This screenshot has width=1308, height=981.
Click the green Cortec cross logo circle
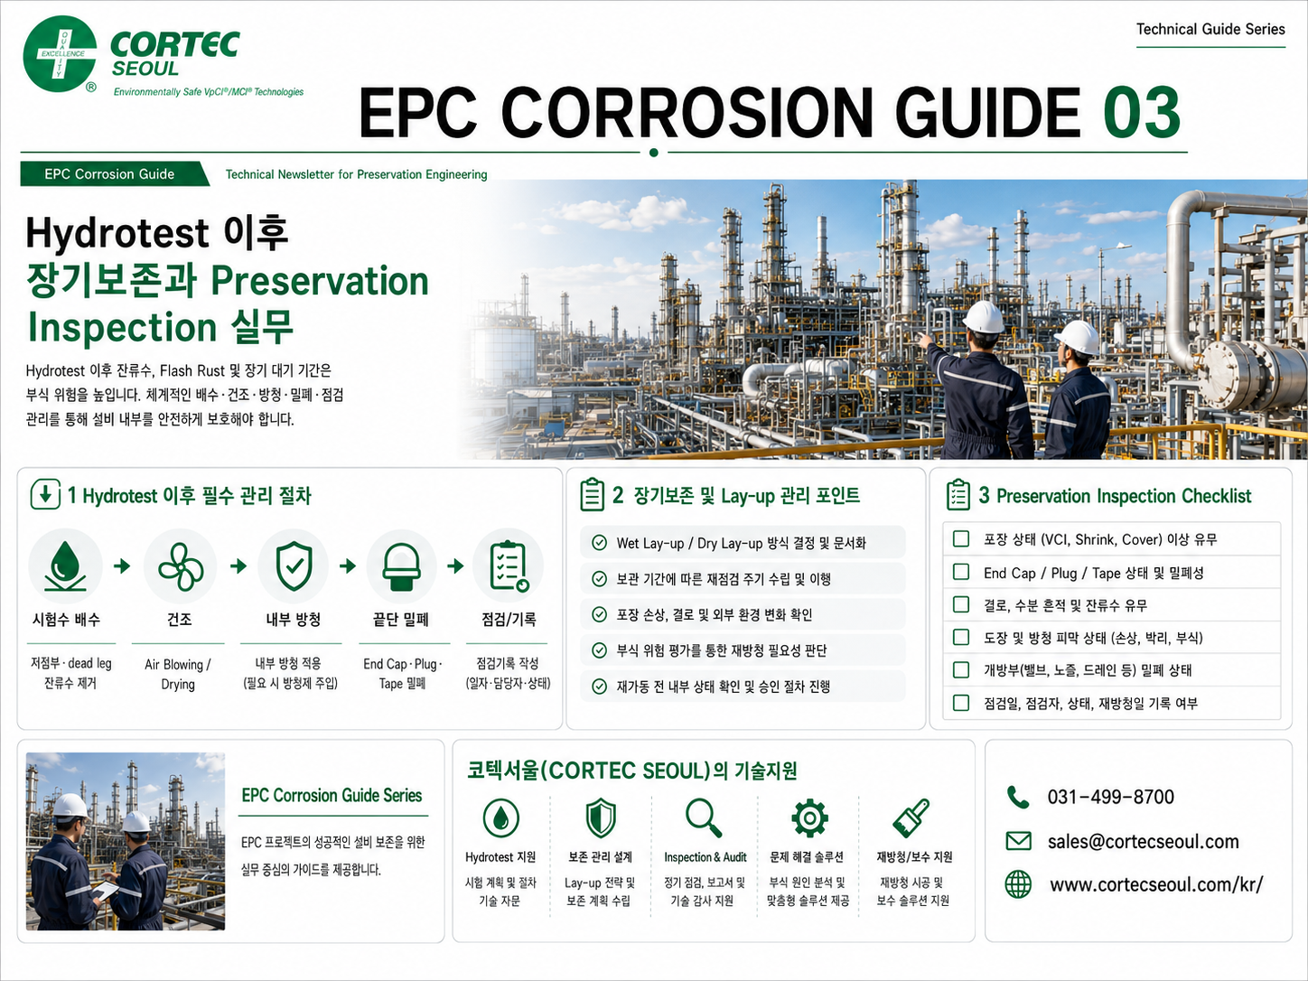click(60, 53)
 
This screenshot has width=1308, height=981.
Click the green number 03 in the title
click(1141, 112)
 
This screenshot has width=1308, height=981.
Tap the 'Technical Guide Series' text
click(1210, 29)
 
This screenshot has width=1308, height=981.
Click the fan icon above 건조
click(181, 565)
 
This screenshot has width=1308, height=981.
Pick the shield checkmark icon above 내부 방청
click(294, 565)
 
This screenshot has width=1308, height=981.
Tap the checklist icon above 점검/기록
click(509, 565)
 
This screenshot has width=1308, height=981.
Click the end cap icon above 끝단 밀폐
click(402, 566)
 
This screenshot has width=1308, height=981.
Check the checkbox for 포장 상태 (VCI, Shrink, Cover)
click(960, 538)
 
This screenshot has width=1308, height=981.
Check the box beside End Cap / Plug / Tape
click(960, 572)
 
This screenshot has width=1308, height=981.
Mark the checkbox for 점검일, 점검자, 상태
click(960, 703)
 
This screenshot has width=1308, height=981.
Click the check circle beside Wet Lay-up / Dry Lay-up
click(599, 543)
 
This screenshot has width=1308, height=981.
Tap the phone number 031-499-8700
click(1111, 797)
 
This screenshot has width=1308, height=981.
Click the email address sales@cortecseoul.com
click(1143, 841)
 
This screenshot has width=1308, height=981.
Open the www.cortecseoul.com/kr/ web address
click(1156, 884)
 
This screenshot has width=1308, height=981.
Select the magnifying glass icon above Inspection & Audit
click(704, 817)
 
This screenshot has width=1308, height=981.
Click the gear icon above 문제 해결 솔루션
click(809, 817)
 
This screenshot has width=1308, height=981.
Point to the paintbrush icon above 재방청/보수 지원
click(911, 817)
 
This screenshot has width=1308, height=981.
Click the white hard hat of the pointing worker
click(984, 317)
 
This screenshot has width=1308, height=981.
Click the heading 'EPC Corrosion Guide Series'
click(332, 795)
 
